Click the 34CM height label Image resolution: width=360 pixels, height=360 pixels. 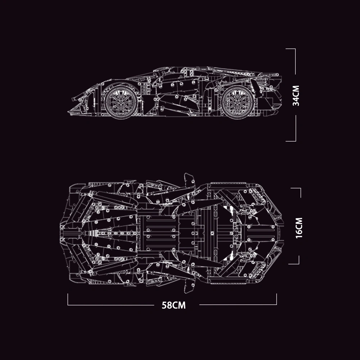(x=296, y=95)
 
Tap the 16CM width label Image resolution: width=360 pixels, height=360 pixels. (x=299, y=227)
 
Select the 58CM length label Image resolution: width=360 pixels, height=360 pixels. (x=174, y=305)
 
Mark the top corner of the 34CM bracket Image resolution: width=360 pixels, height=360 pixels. (x=295, y=49)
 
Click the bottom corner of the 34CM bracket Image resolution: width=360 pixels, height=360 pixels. (x=295, y=141)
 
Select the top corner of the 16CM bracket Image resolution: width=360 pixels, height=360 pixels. (x=300, y=188)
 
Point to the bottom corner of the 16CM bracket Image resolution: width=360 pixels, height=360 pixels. (x=299, y=264)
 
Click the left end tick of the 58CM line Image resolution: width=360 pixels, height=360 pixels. (x=68, y=300)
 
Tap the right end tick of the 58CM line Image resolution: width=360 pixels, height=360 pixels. (x=276, y=300)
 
